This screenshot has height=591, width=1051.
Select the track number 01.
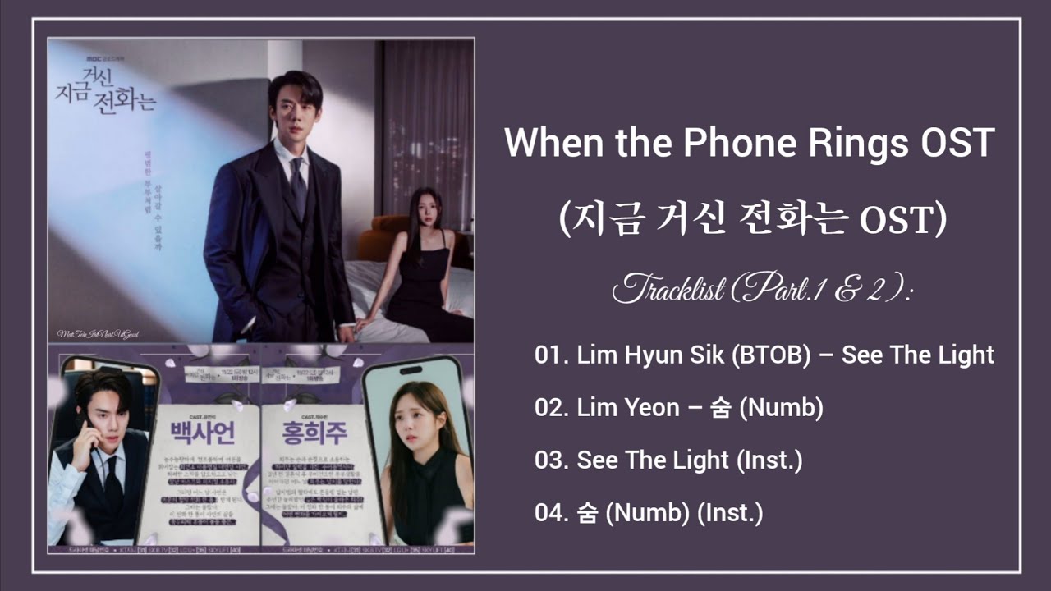[x=551, y=355]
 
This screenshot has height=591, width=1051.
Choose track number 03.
[x=551, y=460]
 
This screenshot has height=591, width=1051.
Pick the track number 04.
[x=551, y=514]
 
